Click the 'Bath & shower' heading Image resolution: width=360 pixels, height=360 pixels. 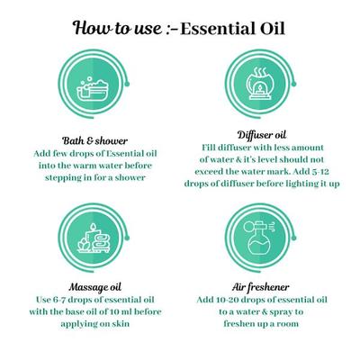94,140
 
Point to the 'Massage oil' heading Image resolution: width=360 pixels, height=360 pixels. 94,298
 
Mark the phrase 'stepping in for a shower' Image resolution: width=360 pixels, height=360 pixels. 94,178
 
